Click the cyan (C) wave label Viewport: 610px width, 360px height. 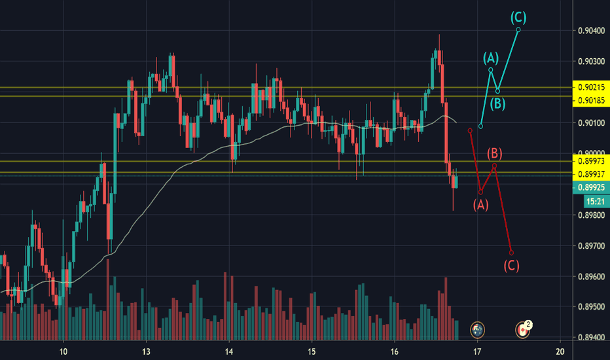click(518, 18)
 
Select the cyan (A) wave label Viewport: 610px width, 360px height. click(491, 58)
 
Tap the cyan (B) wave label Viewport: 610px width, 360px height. click(498, 103)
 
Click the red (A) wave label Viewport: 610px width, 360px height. click(480, 205)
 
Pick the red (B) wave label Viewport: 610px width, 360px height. click(495, 154)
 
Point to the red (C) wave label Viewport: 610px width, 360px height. click(511, 265)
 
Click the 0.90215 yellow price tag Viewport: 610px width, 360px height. click(590, 87)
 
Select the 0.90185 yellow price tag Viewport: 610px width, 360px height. click(590, 100)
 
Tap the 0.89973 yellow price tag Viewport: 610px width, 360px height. click(590, 161)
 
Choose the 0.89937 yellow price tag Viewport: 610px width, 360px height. click(590, 173)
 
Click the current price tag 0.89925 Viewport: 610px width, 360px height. click(590, 187)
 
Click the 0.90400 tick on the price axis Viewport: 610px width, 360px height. click(590, 31)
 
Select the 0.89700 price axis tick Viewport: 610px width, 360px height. click(590, 246)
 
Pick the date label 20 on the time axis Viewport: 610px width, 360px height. click(560, 351)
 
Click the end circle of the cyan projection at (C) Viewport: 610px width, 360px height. click(518, 29)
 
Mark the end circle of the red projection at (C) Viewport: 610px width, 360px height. click(511, 253)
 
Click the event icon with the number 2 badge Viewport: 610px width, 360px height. click(524, 329)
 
